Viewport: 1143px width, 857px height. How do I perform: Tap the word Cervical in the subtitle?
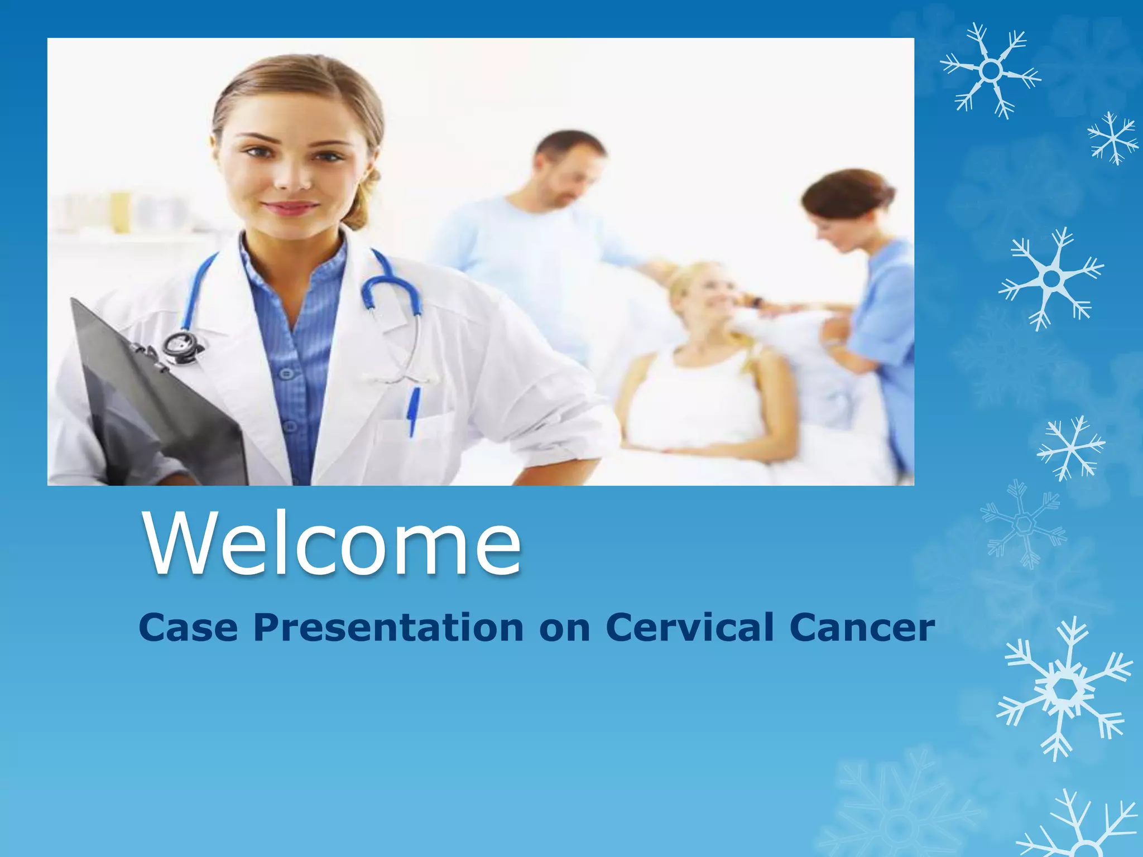click(x=690, y=627)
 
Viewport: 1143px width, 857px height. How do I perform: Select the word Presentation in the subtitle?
click(x=388, y=627)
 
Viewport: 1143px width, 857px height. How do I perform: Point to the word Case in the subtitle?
click(x=188, y=627)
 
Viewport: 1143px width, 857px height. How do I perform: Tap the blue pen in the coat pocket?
click(x=414, y=410)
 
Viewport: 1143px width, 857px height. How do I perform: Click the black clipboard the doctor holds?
click(x=156, y=402)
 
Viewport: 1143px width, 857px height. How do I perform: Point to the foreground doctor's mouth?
click(x=290, y=208)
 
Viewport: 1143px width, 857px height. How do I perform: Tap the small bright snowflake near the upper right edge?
click(x=1112, y=138)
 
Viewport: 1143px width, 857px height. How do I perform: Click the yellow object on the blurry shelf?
click(x=119, y=212)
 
